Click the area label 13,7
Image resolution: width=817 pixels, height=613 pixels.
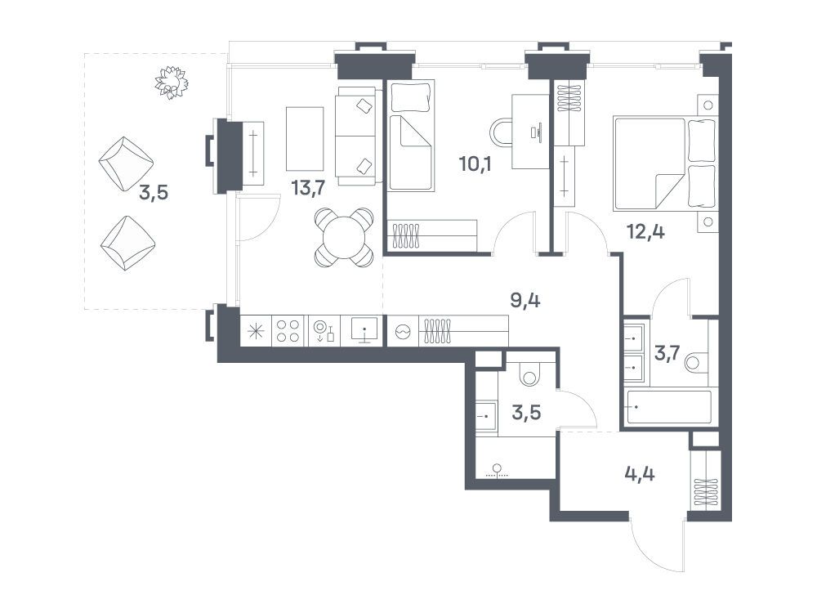(x=309, y=187)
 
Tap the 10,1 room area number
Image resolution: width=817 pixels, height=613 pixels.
(x=475, y=163)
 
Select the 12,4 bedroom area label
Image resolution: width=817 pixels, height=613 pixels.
(x=645, y=231)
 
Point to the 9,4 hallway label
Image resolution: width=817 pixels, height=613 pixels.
(x=525, y=300)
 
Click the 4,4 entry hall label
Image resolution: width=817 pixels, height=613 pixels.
(x=640, y=474)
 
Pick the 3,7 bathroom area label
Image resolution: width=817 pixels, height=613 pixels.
(x=667, y=354)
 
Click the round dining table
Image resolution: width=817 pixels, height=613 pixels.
(x=344, y=238)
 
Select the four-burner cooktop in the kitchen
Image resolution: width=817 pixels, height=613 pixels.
(x=288, y=331)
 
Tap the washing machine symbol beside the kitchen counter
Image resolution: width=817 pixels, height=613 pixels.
(x=404, y=332)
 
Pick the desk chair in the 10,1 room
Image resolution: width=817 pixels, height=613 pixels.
(x=500, y=132)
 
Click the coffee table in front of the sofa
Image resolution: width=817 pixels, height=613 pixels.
(x=305, y=139)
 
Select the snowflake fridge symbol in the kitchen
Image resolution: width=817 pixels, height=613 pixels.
(x=256, y=332)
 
